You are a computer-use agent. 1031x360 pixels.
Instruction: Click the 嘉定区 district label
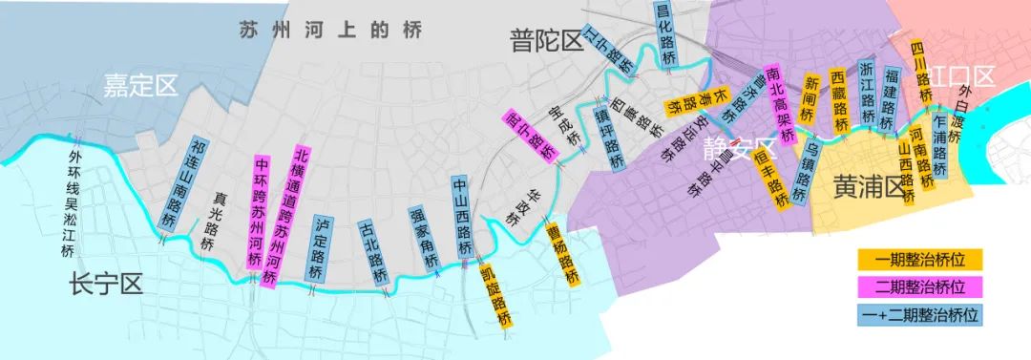tap(140, 89)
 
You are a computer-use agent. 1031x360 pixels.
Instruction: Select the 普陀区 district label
tap(546, 41)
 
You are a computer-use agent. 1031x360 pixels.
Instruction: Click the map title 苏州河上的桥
tap(329, 31)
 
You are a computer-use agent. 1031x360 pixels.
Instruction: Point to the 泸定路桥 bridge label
tap(321, 248)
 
